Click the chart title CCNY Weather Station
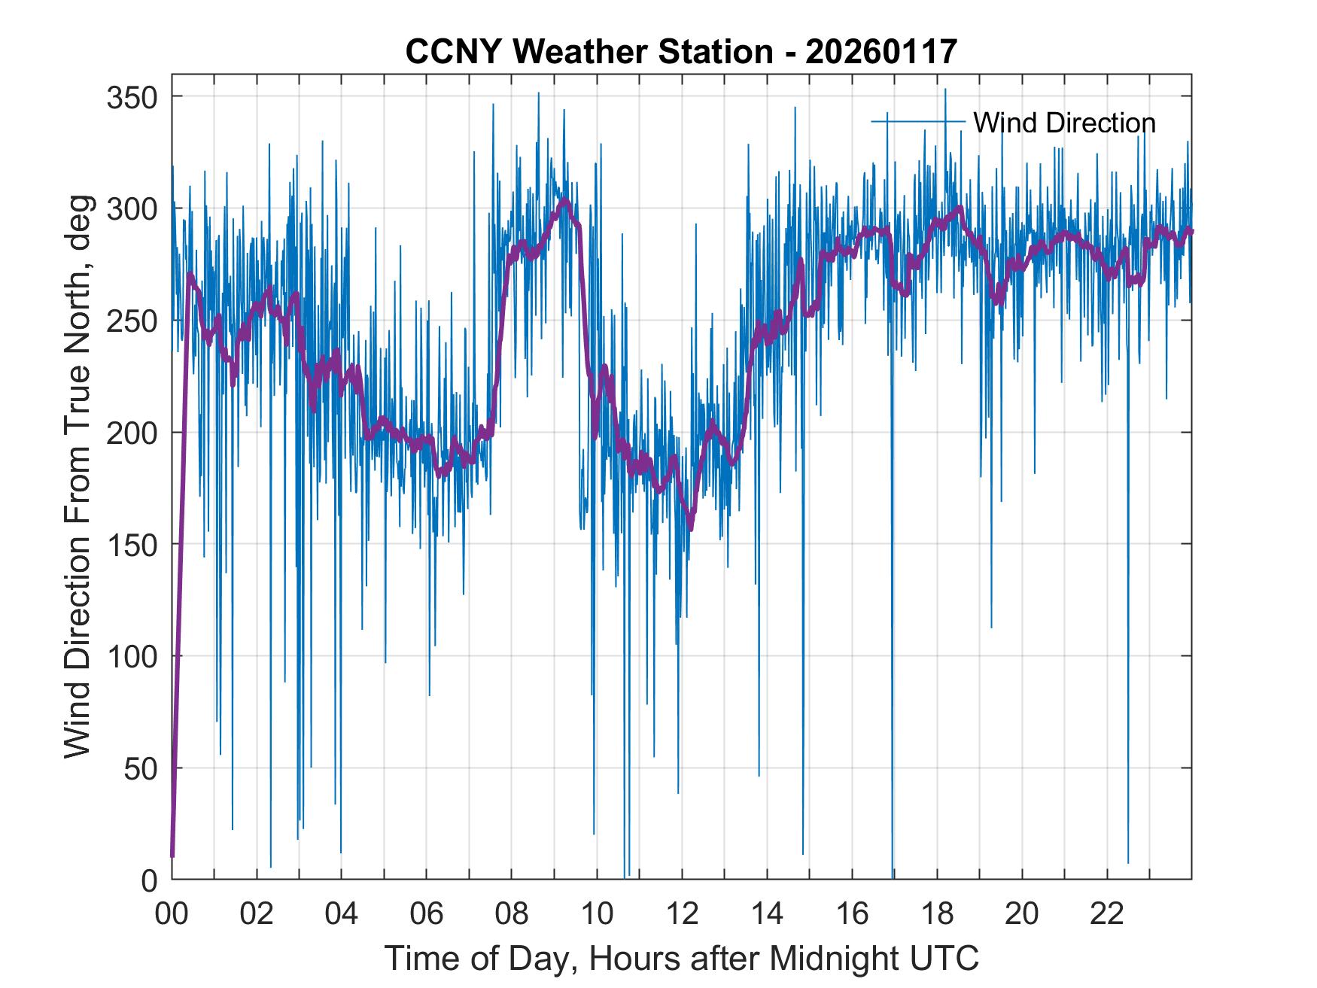tap(681, 52)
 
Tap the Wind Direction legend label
tap(1064, 123)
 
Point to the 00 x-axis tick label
tap(172, 914)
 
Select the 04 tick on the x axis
tap(342, 914)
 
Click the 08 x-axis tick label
tap(512, 914)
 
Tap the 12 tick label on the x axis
tap(682, 914)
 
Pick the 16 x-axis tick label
tap(852, 914)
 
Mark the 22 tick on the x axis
tap(1107, 914)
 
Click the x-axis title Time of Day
tap(681, 959)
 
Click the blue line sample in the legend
tap(917, 121)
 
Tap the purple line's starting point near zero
tap(172, 856)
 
